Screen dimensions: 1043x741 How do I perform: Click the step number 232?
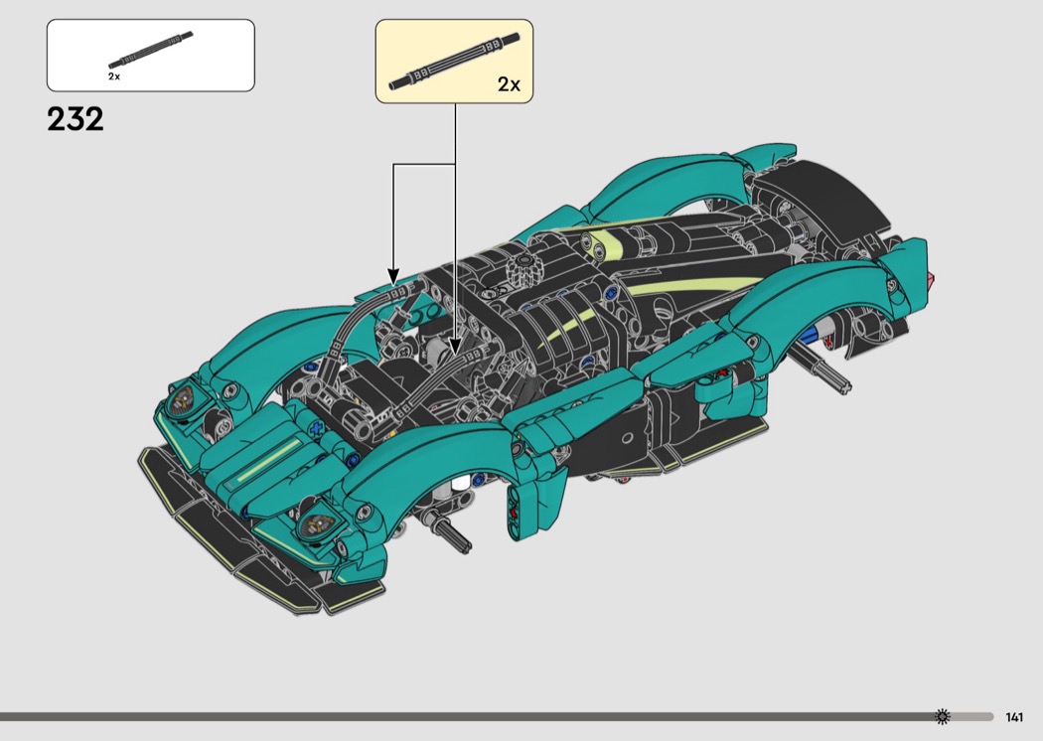pyautogui.click(x=75, y=120)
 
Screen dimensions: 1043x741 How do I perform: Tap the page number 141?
pyautogui.click(x=1014, y=717)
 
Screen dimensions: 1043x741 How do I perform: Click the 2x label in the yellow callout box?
pyautogui.click(x=509, y=84)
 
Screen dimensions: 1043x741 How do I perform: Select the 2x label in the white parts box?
pyautogui.click(x=114, y=76)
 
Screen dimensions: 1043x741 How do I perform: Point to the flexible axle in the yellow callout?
pyautogui.click(x=454, y=61)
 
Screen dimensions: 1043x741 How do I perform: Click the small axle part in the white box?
pyautogui.click(x=151, y=50)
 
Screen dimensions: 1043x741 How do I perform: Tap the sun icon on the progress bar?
pyautogui.click(x=942, y=716)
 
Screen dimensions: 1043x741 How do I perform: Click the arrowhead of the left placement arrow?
pyautogui.click(x=393, y=277)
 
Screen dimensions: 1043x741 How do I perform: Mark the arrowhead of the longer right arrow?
pyautogui.click(x=455, y=348)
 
